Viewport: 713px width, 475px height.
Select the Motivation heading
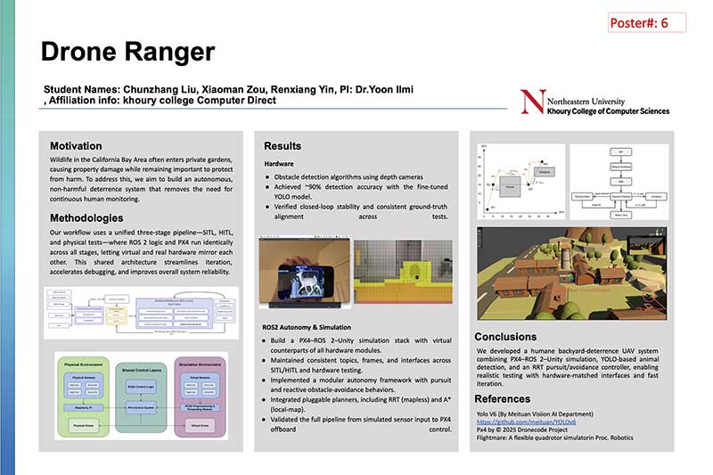(76, 145)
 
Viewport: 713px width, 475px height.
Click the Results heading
(283, 145)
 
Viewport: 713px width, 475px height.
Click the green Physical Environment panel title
(87, 364)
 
